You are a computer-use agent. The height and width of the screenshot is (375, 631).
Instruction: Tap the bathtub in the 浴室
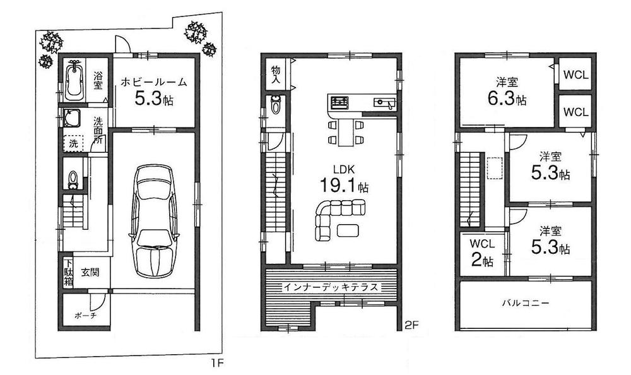75,80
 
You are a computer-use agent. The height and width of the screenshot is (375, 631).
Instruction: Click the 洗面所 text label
99,131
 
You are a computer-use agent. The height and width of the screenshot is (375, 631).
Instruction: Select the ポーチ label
84,315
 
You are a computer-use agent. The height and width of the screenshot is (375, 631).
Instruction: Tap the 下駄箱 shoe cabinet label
68,272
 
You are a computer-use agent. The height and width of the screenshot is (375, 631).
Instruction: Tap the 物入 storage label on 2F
276,73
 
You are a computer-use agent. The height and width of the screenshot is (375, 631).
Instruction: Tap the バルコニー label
526,303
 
